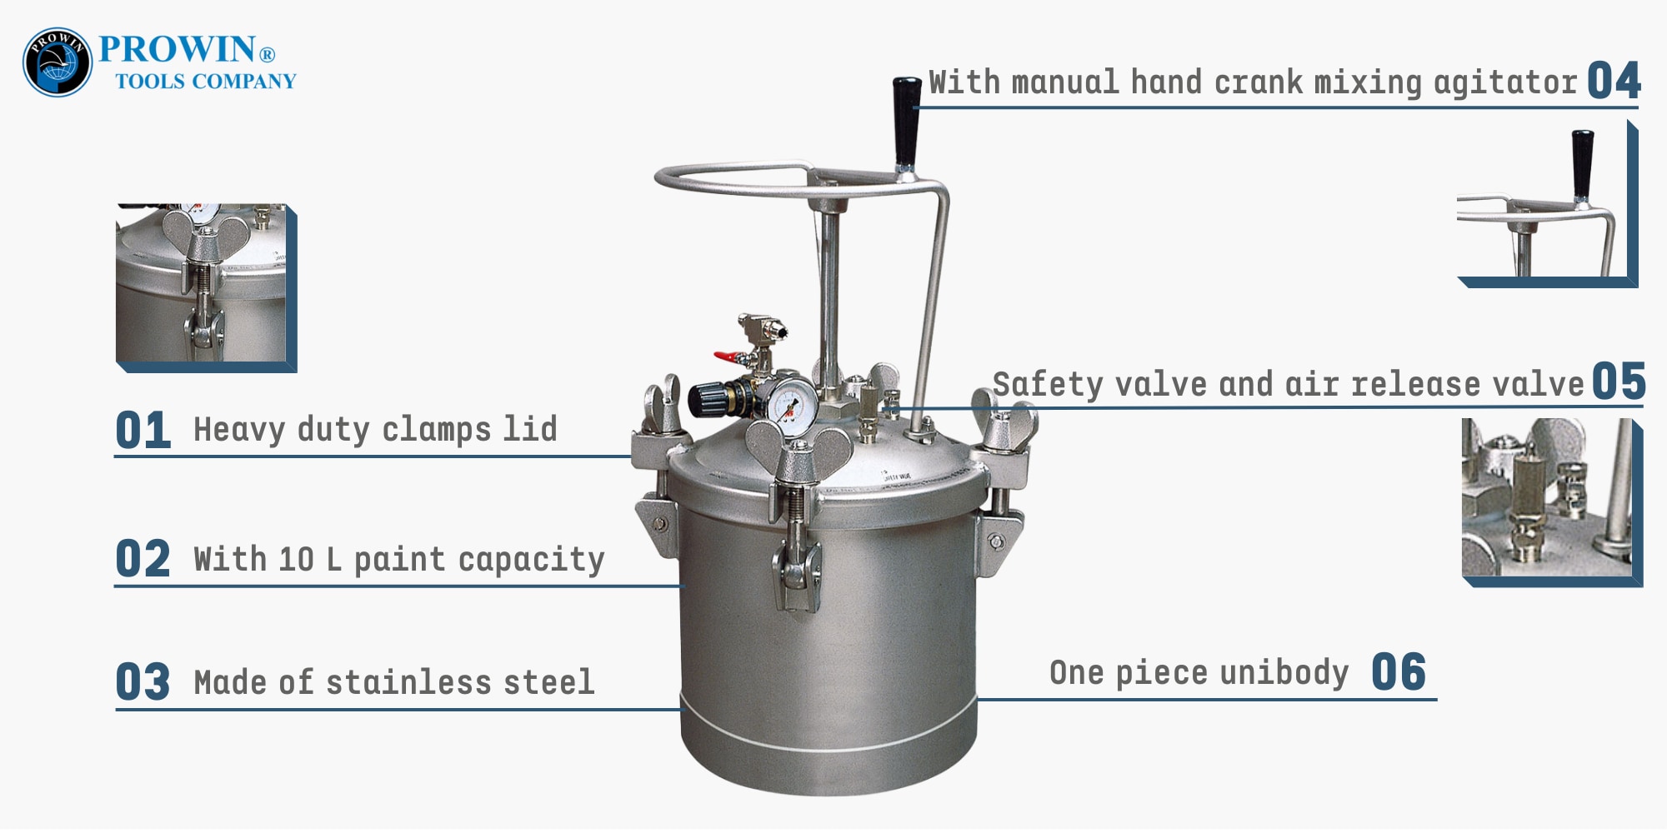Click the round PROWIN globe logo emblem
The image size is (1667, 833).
point(57,62)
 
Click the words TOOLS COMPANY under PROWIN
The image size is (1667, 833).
point(205,82)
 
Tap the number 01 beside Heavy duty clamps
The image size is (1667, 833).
point(143,431)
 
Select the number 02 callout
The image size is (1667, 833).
point(143,559)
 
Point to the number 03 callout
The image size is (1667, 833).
point(143,682)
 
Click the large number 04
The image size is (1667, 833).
point(1613,82)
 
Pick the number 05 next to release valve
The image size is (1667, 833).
point(1618,382)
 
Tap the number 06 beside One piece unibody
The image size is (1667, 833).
point(1398,672)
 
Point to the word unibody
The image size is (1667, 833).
point(1284,672)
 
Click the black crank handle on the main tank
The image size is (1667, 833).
point(906,121)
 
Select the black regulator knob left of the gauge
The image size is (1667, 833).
point(707,399)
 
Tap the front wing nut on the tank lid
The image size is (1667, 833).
point(798,450)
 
